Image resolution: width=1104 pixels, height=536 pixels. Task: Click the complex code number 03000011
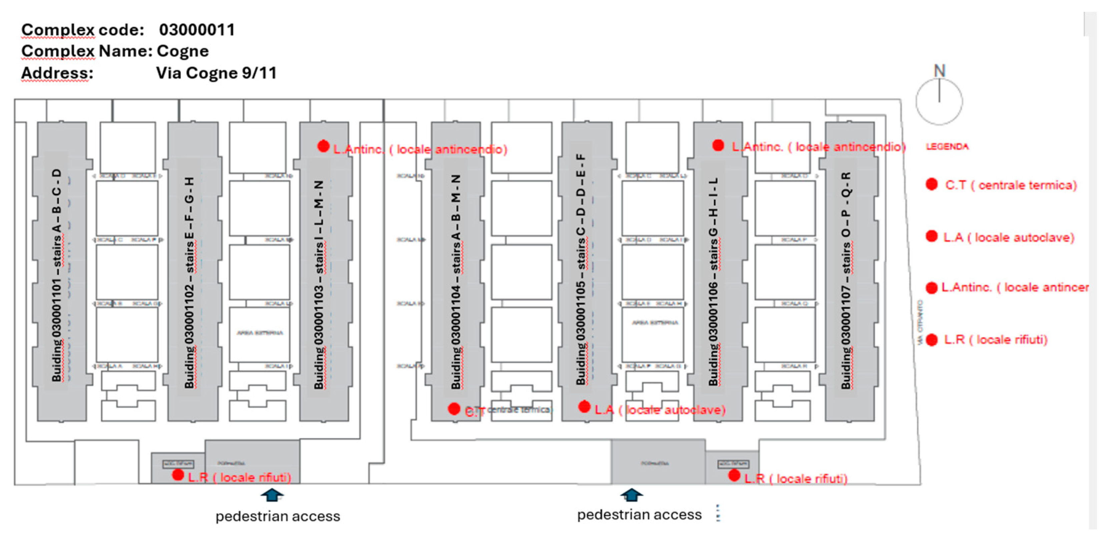click(197, 30)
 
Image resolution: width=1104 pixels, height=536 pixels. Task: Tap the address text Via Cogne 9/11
click(216, 73)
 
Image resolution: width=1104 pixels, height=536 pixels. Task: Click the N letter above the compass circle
click(940, 71)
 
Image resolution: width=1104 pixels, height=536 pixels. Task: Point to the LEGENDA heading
click(947, 147)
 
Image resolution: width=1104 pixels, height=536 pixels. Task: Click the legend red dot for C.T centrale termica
click(932, 184)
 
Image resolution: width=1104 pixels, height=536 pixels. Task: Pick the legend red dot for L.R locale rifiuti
click(932, 340)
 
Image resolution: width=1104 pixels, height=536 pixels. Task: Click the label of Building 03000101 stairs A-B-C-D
click(57, 274)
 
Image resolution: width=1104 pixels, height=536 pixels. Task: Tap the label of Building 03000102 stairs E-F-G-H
click(189, 283)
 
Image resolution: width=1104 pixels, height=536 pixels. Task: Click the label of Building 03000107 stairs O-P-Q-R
click(846, 281)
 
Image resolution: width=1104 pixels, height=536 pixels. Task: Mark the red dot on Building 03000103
click(324, 147)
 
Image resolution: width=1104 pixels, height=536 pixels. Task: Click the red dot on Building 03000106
click(718, 146)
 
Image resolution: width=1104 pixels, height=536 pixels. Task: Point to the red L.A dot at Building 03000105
click(584, 407)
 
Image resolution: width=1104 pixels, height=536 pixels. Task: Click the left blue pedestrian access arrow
click(272, 495)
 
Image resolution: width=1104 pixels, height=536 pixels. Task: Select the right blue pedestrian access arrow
click(632, 495)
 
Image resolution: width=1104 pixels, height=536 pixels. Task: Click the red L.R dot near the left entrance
click(178, 475)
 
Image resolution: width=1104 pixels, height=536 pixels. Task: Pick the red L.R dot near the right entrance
click(734, 475)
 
